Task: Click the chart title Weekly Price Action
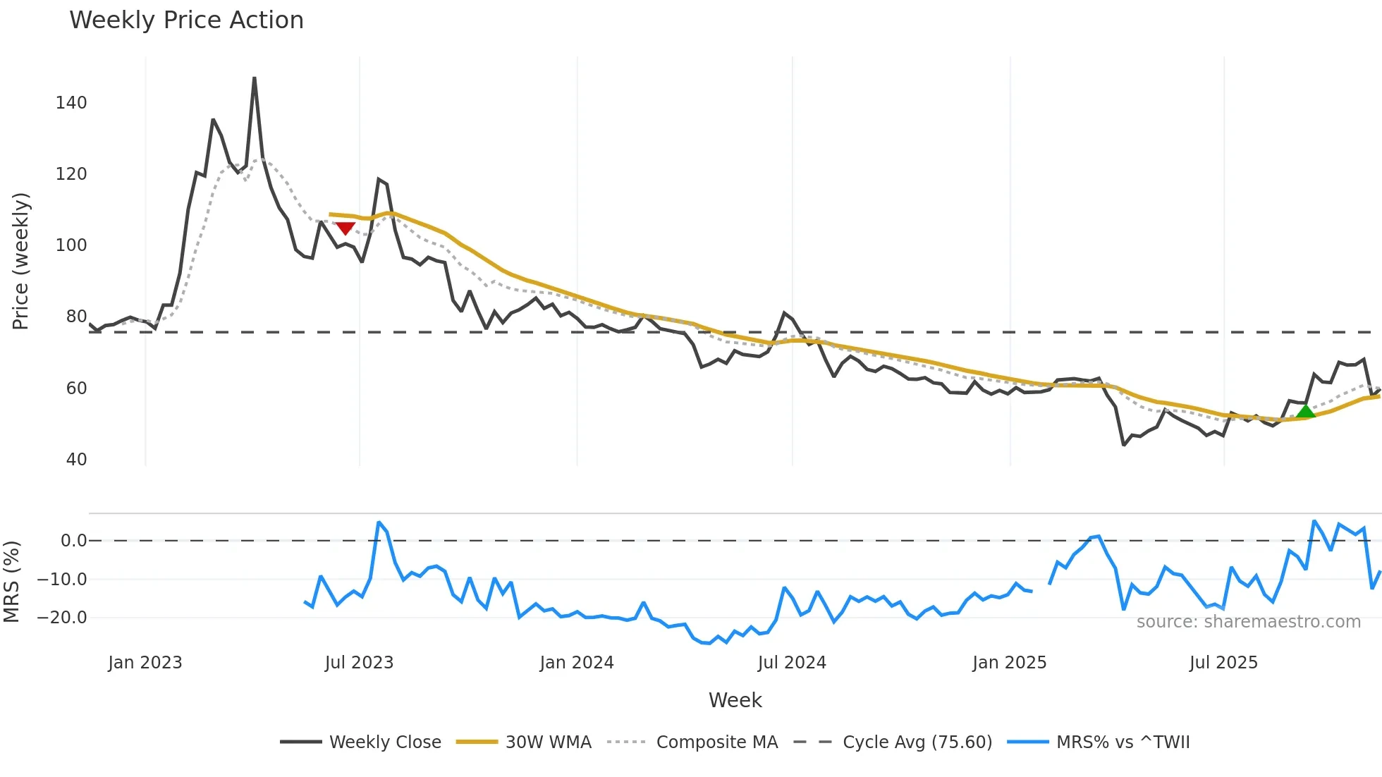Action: click(x=186, y=20)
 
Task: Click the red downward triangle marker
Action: click(x=345, y=228)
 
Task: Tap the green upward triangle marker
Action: click(x=1305, y=412)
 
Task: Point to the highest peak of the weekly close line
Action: click(x=254, y=78)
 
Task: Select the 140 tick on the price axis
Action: click(x=71, y=103)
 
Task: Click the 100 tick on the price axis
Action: click(x=71, y=245)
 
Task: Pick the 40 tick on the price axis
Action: click(x=76, y=460)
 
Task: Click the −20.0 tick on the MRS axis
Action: click(x=62, y=618)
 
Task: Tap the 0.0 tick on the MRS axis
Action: click(x=73, y=541)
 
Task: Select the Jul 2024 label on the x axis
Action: click(x=792, y=663)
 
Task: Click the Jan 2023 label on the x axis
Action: click(x=145, y=663)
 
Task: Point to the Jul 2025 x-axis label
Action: click(x=1223, y=663)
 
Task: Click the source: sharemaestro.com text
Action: click(x=1248, y=622)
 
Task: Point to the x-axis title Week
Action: click(x=735, y=700)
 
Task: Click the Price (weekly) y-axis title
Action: click(x=20, y=261)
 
